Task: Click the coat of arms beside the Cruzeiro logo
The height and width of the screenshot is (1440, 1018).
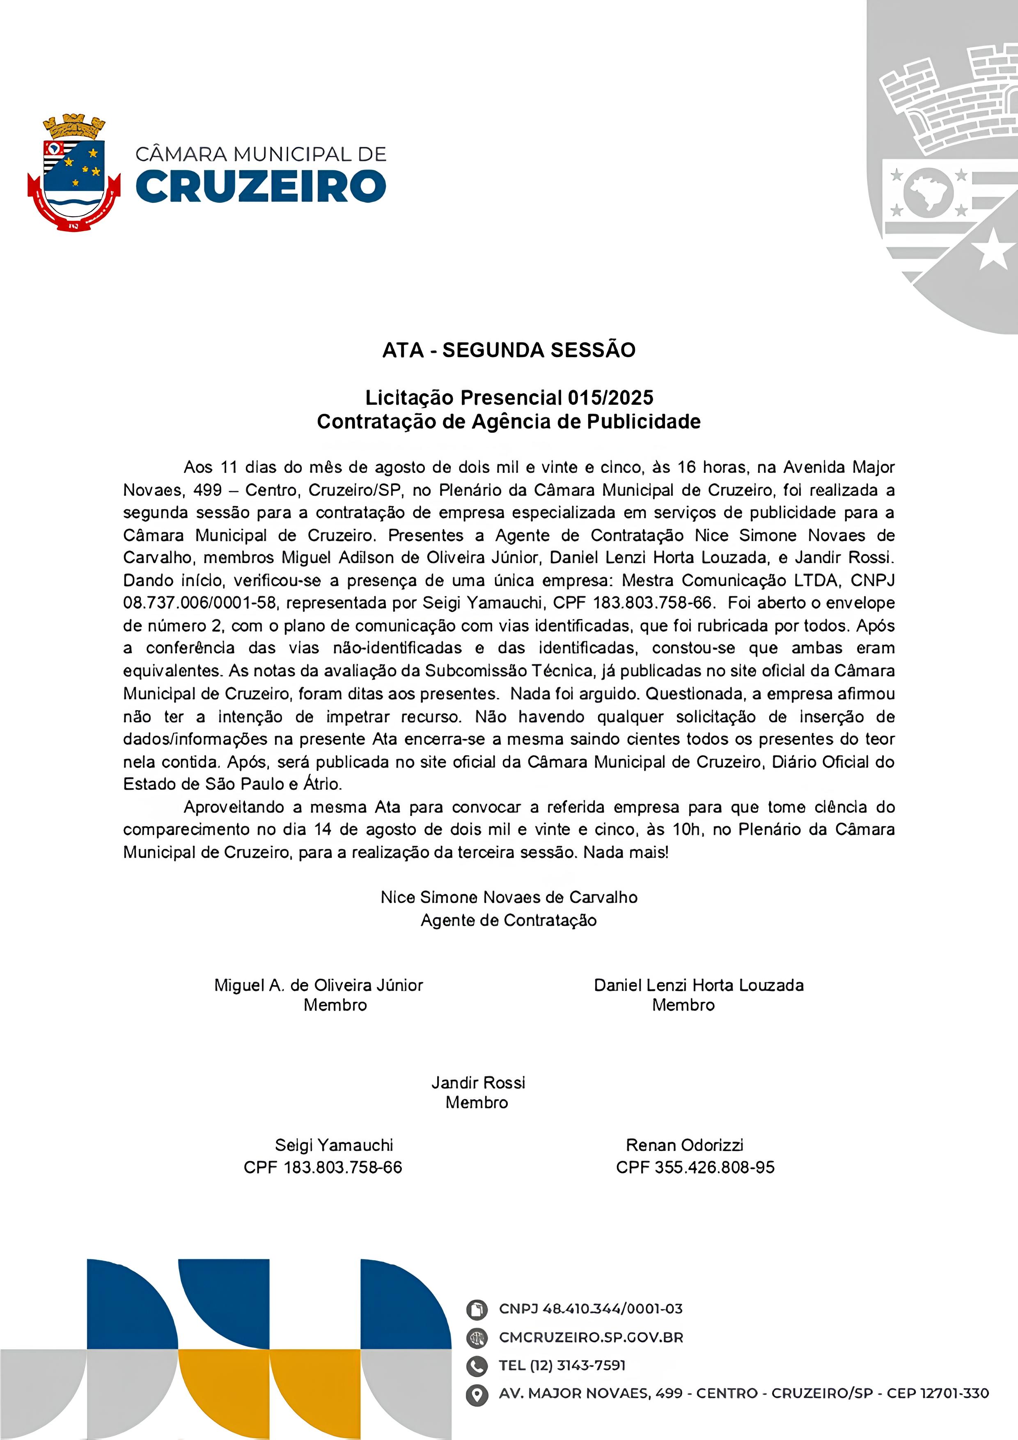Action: coord(74,172)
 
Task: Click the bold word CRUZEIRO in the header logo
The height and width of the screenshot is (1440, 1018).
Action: coord(260,186)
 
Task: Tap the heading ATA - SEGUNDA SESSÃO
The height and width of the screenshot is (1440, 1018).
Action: coord(509,350)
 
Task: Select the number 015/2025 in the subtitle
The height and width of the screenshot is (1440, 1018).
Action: coord(610,398)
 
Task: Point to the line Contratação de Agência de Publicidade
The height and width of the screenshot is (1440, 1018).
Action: coord(509,422)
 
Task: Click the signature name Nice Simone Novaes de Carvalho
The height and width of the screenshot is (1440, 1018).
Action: coord(509,897)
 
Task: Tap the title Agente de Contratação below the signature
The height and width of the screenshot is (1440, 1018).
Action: coord(509,920)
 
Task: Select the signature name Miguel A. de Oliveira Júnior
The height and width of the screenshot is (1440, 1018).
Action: coord(319,985)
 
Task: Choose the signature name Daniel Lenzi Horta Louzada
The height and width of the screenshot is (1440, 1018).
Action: coord(699,985)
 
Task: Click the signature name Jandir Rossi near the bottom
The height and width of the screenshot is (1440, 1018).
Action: coord(478,1082)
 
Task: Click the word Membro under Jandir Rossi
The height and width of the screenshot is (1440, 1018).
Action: coord(477,1103)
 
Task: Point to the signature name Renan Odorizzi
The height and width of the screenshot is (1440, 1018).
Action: coord(684,1145)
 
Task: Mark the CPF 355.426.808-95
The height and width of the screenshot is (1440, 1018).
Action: coord(695,1167)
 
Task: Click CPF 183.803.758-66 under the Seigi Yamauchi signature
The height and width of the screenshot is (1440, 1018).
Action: coord(323,1167)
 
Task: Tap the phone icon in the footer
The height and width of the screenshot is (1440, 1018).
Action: coord(477,1365)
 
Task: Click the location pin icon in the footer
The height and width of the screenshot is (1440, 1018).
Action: coord(477,1394)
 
